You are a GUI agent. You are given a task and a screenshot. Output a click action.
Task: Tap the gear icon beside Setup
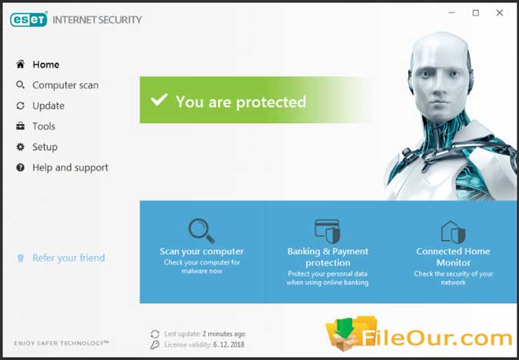point(20,147)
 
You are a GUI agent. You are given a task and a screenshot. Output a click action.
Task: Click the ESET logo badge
point(28,19)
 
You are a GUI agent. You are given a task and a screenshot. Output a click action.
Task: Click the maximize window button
point(476,13)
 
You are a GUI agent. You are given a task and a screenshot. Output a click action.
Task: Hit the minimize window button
point(452,13)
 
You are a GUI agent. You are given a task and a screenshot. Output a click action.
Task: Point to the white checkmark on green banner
point(159,99)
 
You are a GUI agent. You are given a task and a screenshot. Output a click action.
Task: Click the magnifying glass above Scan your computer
point(201,231)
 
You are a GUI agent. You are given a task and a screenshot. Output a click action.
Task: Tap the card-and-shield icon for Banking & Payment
point(328,231)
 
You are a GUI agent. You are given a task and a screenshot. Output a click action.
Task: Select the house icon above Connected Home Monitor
point(453,232)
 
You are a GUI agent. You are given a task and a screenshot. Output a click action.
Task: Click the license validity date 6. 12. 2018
point(228,345)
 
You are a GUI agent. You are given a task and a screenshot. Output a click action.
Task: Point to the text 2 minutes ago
point(224,334)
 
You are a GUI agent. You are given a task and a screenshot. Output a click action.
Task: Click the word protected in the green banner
point(271,102)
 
